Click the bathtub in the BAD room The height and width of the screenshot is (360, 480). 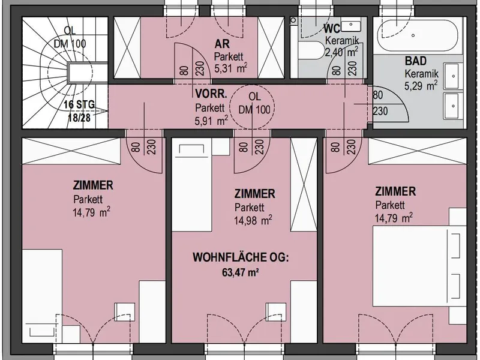click(418, 35)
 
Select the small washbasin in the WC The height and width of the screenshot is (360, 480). click(350, 26)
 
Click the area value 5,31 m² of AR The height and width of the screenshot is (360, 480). click(230, 68)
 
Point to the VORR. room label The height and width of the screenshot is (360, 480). click(211, 94)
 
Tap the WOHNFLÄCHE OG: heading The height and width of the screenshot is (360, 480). click(241, 257)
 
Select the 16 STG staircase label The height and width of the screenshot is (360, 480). click(79, 104)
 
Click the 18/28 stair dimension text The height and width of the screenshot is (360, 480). click(79, 118)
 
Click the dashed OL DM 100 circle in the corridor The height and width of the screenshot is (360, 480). click(252, 85)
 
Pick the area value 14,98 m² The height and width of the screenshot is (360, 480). click(253, 220)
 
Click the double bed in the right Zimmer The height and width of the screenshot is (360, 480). click(416, 266)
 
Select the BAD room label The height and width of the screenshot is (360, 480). click(416, 61)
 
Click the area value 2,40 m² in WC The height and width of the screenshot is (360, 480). click(341, 52)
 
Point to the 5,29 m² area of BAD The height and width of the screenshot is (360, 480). click(421, 86)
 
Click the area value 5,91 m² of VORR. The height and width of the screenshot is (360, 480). click(211, 121)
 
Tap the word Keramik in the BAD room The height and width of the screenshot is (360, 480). click(422, 73)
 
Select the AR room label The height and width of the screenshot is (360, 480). click(222, 44)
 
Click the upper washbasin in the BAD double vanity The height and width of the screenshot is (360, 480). click(454, 76)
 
